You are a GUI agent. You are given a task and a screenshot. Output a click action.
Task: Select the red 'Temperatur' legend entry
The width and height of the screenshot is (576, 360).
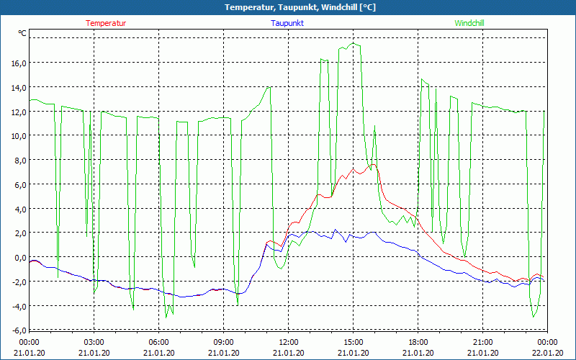point(106,23)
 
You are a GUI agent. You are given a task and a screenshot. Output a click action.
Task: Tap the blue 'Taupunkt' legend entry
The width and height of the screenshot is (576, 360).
point(287,23)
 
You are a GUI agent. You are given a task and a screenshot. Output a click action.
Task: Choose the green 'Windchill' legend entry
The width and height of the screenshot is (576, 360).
point(469,23)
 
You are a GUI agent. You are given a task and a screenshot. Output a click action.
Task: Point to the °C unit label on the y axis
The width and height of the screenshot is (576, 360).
point(22,33)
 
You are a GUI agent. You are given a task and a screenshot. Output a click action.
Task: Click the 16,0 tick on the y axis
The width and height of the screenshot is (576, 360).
point(17,63)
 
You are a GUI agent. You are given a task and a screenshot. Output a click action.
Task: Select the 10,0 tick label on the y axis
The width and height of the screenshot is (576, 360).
point(17,136)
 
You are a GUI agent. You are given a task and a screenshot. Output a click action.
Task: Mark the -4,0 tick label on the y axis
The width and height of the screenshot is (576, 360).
point(17,306)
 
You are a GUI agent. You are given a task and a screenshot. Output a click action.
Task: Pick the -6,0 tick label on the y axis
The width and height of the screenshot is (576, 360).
point(17,330)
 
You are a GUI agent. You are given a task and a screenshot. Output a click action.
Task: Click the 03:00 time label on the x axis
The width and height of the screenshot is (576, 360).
point(94,342)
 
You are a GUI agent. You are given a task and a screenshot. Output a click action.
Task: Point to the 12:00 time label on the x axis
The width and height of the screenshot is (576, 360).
point(289,342)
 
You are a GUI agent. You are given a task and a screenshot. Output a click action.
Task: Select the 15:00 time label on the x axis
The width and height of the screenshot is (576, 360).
point(354,342)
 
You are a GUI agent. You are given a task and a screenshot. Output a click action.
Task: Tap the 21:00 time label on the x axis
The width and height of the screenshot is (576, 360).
point(483,342)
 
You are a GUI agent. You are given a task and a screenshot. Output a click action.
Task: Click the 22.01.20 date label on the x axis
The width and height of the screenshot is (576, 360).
point(548,352)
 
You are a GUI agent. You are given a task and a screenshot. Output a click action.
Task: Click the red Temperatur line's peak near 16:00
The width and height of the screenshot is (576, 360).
point(373,165)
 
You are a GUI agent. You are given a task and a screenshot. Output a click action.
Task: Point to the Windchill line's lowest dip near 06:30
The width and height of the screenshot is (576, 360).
point(166,317)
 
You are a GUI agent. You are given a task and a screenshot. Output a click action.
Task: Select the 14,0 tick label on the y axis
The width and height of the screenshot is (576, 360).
point(17,88)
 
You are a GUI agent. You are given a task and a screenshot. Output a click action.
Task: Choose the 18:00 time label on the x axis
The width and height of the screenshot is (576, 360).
point(418,342)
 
